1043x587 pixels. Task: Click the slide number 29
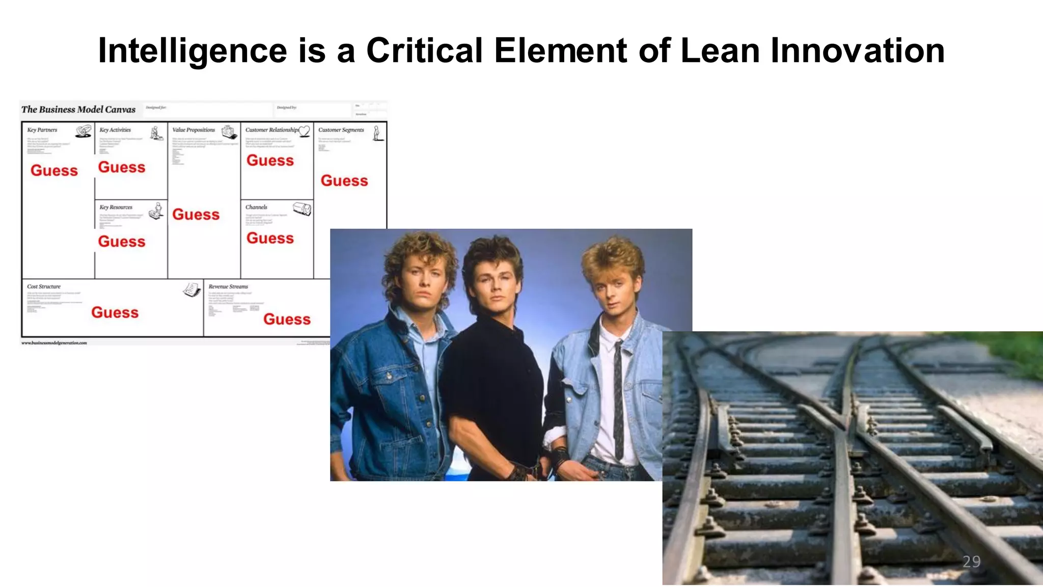971,562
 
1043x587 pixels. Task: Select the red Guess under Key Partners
54,171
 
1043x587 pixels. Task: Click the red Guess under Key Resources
122,242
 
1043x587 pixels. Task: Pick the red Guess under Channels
270,238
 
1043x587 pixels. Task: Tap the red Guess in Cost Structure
115,313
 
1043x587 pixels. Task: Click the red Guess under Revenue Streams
287,319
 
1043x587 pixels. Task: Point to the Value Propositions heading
194,130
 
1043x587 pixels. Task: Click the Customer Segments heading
341,130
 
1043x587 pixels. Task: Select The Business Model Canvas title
78,110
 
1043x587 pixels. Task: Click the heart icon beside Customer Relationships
305,131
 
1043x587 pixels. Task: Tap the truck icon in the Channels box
302,208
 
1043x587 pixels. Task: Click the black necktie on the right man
618,397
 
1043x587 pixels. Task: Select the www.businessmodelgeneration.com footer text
54,343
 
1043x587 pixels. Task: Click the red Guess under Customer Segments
344,181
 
